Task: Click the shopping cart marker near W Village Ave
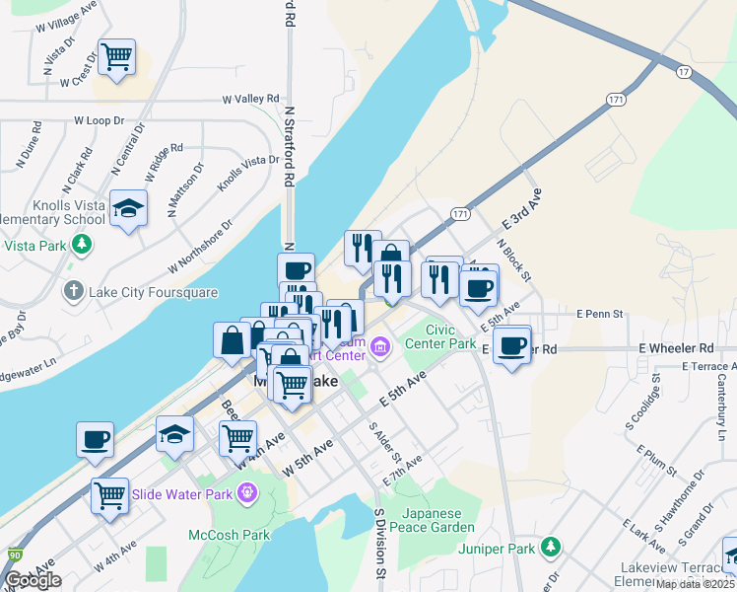[116, 57]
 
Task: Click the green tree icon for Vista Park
[85, 245]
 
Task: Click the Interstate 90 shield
[14, 555]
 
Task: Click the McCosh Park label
[229, 535]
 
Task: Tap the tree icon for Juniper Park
[551, 547]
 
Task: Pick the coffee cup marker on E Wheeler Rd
[511, 346]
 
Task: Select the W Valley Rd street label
[251, 100]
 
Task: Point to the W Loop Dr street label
[100, 120]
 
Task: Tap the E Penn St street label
[603, 315]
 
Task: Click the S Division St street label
[378, 544]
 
